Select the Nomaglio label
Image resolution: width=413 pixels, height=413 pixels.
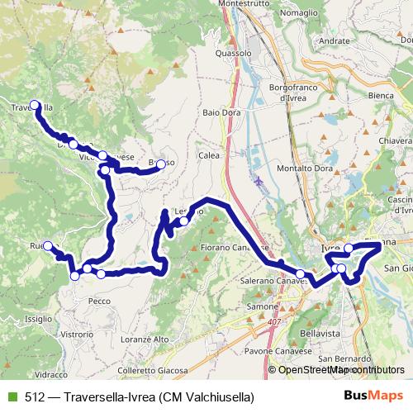[x=300, y=13]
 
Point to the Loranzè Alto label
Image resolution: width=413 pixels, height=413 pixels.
[x=144, y=339]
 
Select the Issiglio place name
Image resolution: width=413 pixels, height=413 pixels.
[x=39, y=318]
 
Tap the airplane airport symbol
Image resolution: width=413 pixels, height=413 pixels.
[x=259, y=180]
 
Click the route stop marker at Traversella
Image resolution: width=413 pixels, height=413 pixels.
[x=35, y=105]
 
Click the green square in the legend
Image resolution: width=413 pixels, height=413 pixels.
[x=10, y=397]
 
